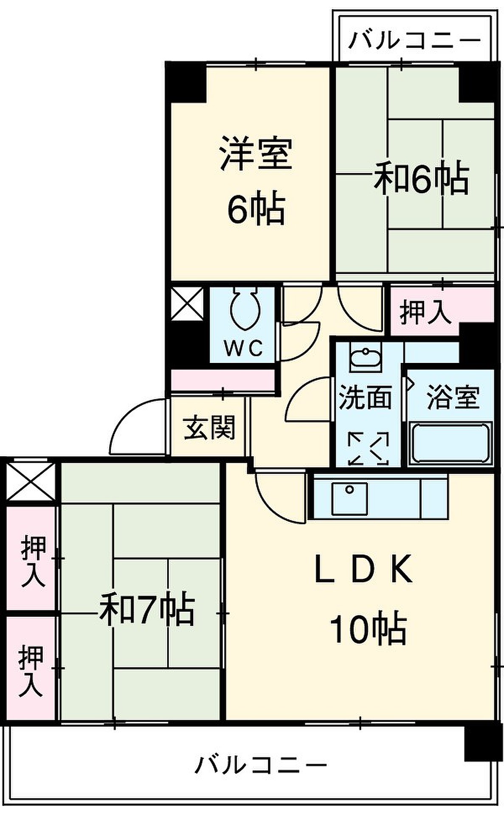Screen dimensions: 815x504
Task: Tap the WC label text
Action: tap(244, 349)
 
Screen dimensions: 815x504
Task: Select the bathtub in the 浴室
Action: tap(450, 443)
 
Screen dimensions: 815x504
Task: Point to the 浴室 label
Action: tap(453, 397)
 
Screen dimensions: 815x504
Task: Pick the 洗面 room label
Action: tap(365, 397)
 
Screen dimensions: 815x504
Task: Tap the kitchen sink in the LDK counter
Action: tap(349, 498)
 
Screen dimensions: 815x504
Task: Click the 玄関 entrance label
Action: tap(209, 427)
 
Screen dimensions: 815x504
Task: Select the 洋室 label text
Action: tap(256, 154)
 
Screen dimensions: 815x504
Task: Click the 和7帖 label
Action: tap(147, 610)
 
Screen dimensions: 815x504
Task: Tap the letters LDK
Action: tap(363, 569)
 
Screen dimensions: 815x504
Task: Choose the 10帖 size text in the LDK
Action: tap(368, 629)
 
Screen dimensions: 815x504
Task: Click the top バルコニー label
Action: tap(414, 41)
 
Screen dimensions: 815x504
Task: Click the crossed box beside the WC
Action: tap(187, 304)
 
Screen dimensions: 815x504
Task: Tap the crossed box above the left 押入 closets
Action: tap(31, 482)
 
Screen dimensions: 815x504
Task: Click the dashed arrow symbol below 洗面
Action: tap(368, 448)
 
